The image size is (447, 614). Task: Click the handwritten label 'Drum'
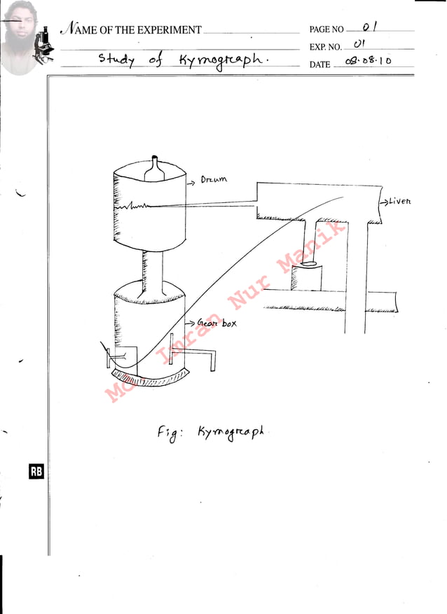(214, 180)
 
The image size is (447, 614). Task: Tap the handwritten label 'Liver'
(399, 202)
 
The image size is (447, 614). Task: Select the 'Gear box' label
(216, 323)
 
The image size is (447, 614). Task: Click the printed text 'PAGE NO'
(326, 30)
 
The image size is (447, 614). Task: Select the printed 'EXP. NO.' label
(325, 48)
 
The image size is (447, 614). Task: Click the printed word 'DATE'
(319, 64)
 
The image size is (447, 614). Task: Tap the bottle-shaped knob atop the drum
(156, 168)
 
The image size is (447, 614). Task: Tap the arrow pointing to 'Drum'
(192, 182)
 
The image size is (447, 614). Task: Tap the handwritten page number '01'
(371, 28)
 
